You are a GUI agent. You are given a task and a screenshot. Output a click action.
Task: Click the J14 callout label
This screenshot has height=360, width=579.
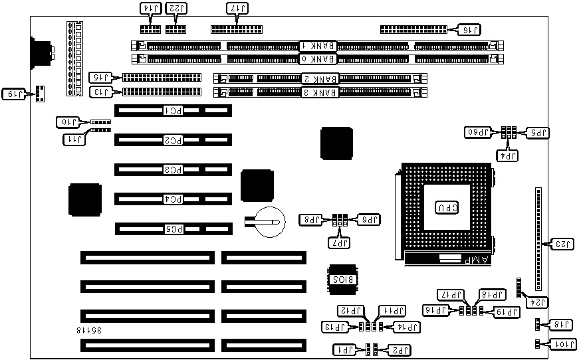151,8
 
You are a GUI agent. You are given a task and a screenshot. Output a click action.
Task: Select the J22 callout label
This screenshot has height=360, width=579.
175,8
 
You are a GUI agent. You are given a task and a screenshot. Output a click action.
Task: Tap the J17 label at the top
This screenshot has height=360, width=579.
235,8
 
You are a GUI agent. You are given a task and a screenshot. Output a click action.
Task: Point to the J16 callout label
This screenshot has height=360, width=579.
469,29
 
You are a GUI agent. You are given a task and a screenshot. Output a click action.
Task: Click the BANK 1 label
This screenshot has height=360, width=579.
318,46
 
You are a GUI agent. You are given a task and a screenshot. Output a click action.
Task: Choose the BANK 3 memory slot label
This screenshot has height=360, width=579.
318,92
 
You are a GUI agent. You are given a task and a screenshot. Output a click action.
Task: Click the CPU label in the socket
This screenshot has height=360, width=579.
445,208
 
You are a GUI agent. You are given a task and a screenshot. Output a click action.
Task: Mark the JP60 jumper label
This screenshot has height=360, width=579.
479,132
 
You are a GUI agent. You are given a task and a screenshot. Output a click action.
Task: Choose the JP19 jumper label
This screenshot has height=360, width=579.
507,311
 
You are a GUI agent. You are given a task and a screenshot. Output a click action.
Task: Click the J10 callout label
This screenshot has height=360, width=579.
68,122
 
